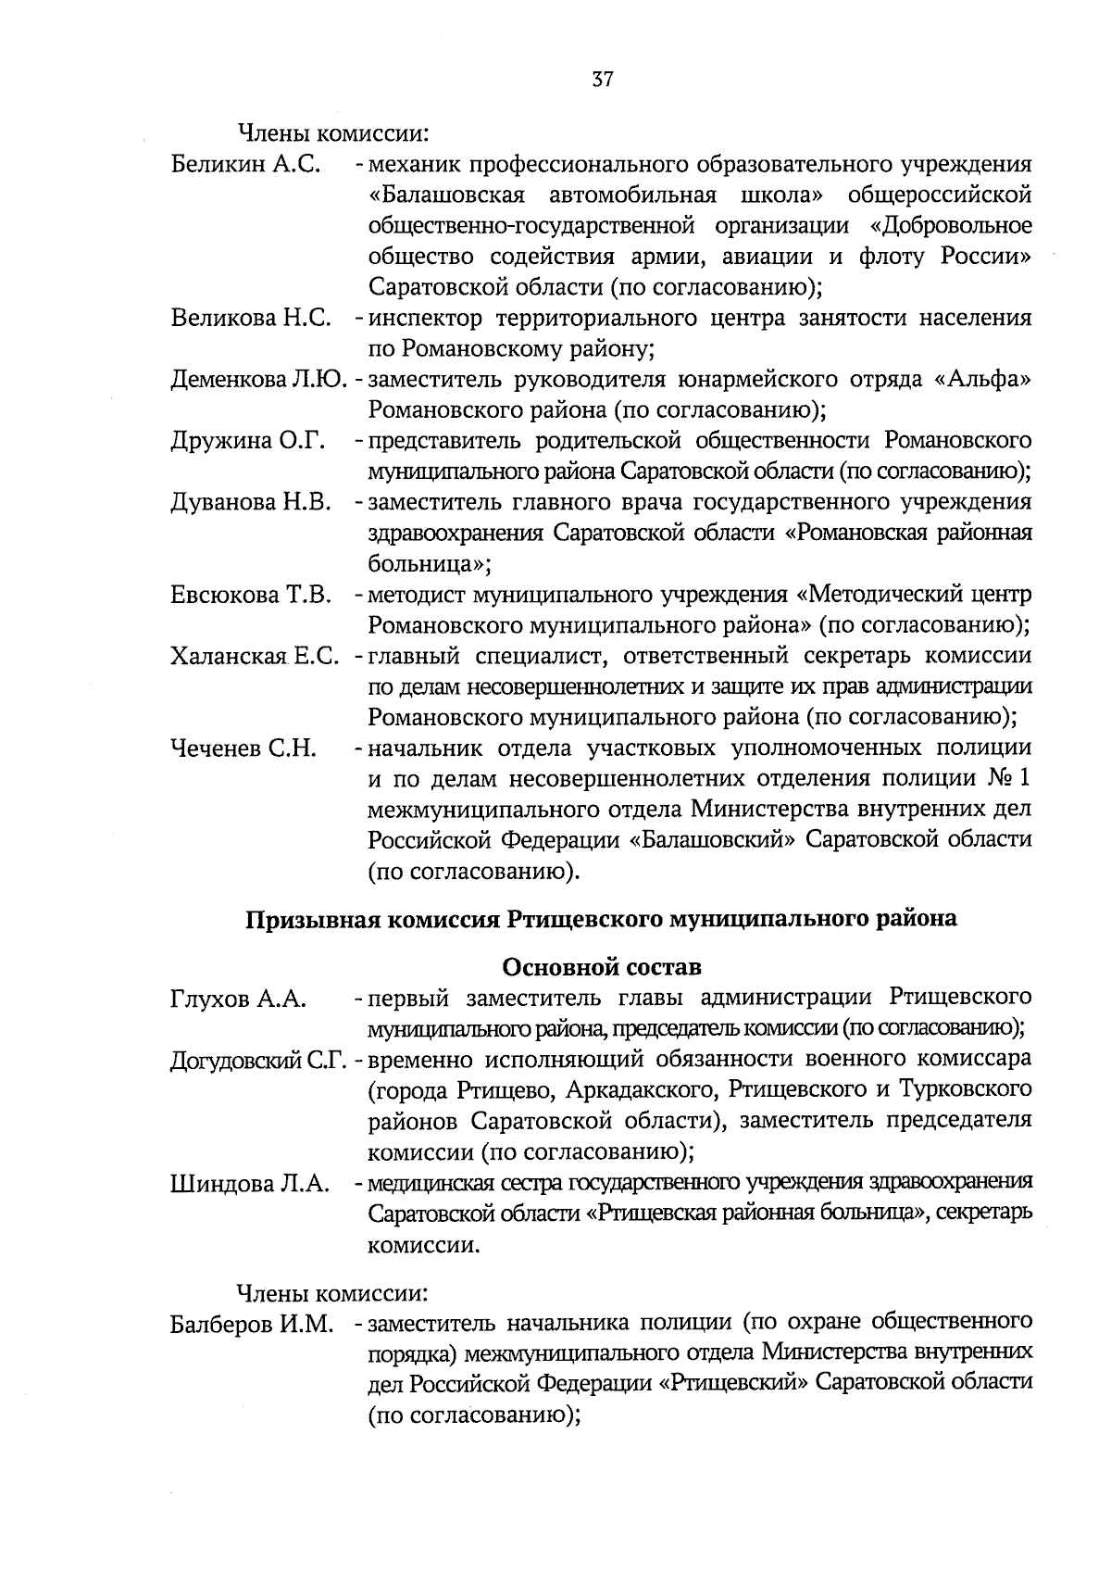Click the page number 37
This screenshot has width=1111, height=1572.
click(x=602, y=79)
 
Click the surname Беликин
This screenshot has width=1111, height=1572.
click(x=219, y=165)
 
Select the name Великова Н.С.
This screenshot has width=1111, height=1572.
click(x=251, y=319)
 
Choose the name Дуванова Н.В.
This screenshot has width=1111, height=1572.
click(x=251, y=502)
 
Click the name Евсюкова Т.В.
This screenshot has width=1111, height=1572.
click(x=251, y=595)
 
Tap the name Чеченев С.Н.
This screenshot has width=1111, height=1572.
click(x=244, y=748)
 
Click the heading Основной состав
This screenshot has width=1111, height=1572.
click(x=602, y=967)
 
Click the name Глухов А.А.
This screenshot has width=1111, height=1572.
click(x=238, y=999)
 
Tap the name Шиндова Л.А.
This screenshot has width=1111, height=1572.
click(x=250, y=1183)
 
